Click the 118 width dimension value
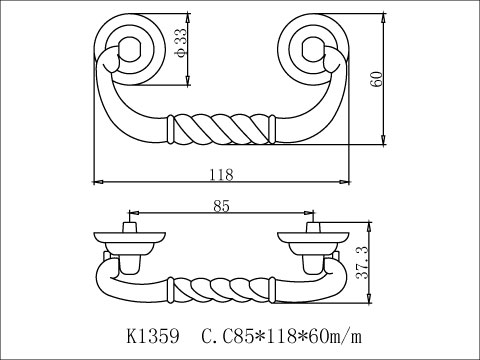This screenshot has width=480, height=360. point(222,173)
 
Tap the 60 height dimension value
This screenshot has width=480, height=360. point(377,81)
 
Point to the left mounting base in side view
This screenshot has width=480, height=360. point(127,241)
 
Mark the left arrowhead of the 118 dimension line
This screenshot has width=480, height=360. point(95,182)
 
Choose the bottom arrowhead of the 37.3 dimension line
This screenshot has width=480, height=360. point(369,301)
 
